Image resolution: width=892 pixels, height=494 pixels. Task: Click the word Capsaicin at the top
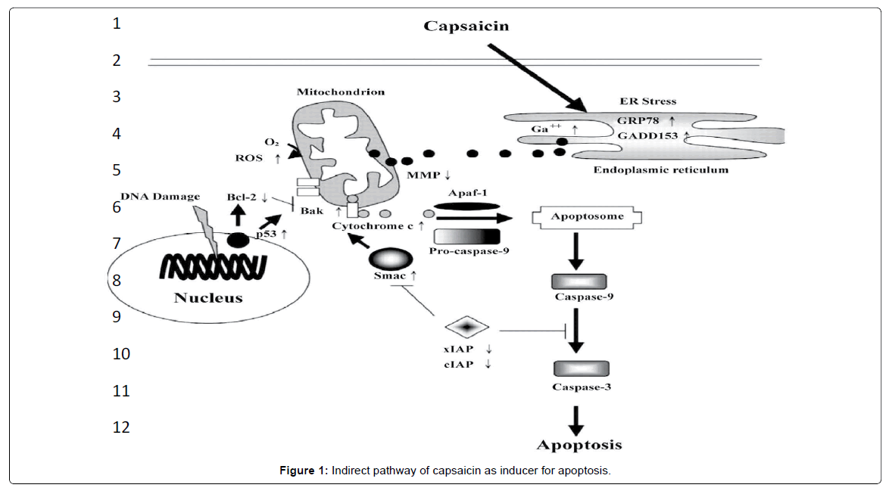(x=466, y=26)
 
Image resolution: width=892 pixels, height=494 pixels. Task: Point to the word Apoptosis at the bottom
(x=579, y=444)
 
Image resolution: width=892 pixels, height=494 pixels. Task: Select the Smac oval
(x=390, y=259)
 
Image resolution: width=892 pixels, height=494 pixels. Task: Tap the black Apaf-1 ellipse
(x=466, y=206)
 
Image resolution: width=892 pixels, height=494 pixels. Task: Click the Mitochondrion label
(x=340, y=92)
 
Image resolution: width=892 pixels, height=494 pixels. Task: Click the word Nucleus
(x=208, y=297)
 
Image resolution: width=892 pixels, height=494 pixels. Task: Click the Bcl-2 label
(x=242, y=197)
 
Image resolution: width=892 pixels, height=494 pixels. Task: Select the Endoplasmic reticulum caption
(x=660, y=170)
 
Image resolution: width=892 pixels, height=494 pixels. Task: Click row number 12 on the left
(x=121, y=427)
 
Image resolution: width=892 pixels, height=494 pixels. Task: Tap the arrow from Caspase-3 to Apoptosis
(x=577, y=418)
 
